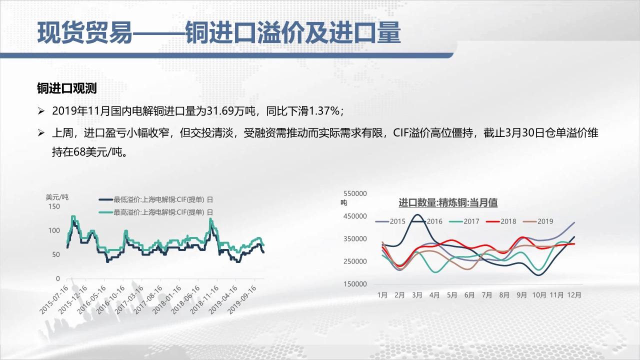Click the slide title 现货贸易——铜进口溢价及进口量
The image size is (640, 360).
[219, 33]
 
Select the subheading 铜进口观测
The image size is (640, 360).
[67, 88]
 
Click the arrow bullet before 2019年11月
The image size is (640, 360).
[41, 111]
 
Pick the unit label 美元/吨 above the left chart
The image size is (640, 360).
[57, 197]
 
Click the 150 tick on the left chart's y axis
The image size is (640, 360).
[54, 206]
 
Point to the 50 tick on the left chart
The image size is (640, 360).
[56, 254]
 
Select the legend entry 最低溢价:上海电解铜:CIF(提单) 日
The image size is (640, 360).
[156, 199]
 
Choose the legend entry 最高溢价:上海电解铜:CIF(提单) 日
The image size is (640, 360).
[156, 212]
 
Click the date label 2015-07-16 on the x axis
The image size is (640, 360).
[54, 299]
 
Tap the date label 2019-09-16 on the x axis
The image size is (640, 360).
[242, 299]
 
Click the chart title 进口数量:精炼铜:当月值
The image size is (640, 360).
[448, 202]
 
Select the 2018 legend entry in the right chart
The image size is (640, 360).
[501, 221]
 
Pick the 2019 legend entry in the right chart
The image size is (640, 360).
[538, 221]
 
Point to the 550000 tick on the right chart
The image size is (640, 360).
[355, 193]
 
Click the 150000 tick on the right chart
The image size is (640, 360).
[355, 284]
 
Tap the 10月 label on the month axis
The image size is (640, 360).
[539, 295]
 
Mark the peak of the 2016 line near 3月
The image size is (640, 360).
[417, 214]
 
